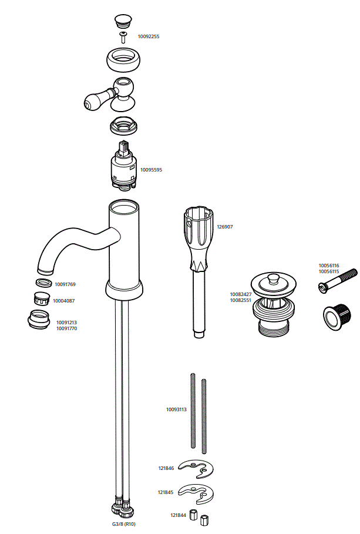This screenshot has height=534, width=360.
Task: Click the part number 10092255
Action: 148,36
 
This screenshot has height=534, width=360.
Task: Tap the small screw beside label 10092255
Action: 123,38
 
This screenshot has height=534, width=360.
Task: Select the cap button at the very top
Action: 123,21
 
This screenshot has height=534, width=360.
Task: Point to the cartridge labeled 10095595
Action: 123,167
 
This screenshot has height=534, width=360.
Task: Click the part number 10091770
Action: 66,328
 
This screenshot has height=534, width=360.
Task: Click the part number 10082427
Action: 240,294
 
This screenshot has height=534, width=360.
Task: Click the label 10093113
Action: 176,409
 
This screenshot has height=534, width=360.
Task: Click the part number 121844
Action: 179,515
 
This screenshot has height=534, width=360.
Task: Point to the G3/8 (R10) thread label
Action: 124,523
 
